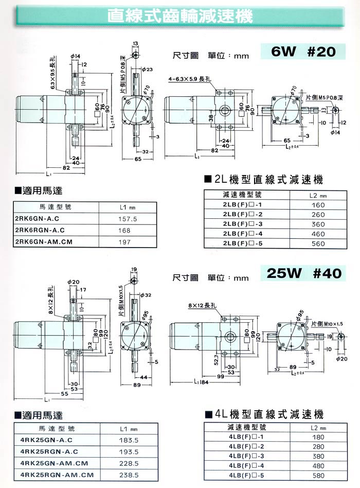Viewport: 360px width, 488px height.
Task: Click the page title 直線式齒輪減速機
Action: [x=180, y=16]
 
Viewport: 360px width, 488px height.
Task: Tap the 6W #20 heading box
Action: [x=302, y=51]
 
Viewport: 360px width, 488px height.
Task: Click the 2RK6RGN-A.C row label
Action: [x=42, y=230]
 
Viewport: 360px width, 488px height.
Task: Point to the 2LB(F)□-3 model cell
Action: [x=243, y=224]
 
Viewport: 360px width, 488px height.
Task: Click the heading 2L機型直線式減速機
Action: [x=263, y=180]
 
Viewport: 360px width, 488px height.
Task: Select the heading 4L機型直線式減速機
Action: [x=263, y=414]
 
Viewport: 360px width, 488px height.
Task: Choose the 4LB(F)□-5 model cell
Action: [x=243, y=475]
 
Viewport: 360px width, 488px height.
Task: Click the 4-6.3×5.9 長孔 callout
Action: [x=189, y=79]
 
